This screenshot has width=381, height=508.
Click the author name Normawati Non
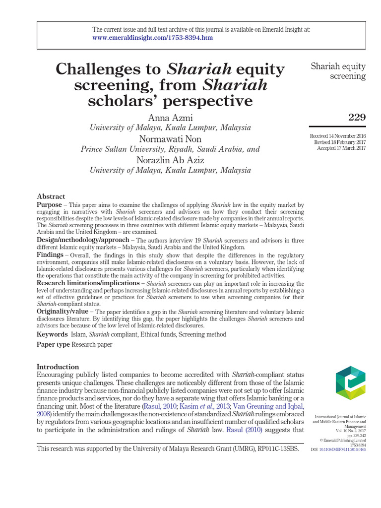click(x=170, y=138)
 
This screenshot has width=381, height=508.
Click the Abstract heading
click(x=51, y=196)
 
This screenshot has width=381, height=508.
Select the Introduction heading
click(x=58, y=367)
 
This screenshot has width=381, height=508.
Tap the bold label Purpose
click(x=50, y=205)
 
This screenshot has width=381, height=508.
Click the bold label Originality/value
click(x=63, y=311)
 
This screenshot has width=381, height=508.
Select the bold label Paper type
click(x=54, y=344)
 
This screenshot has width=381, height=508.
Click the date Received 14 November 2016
click(x=338, y=136)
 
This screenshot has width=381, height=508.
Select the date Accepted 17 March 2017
click(x=341, y=148)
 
